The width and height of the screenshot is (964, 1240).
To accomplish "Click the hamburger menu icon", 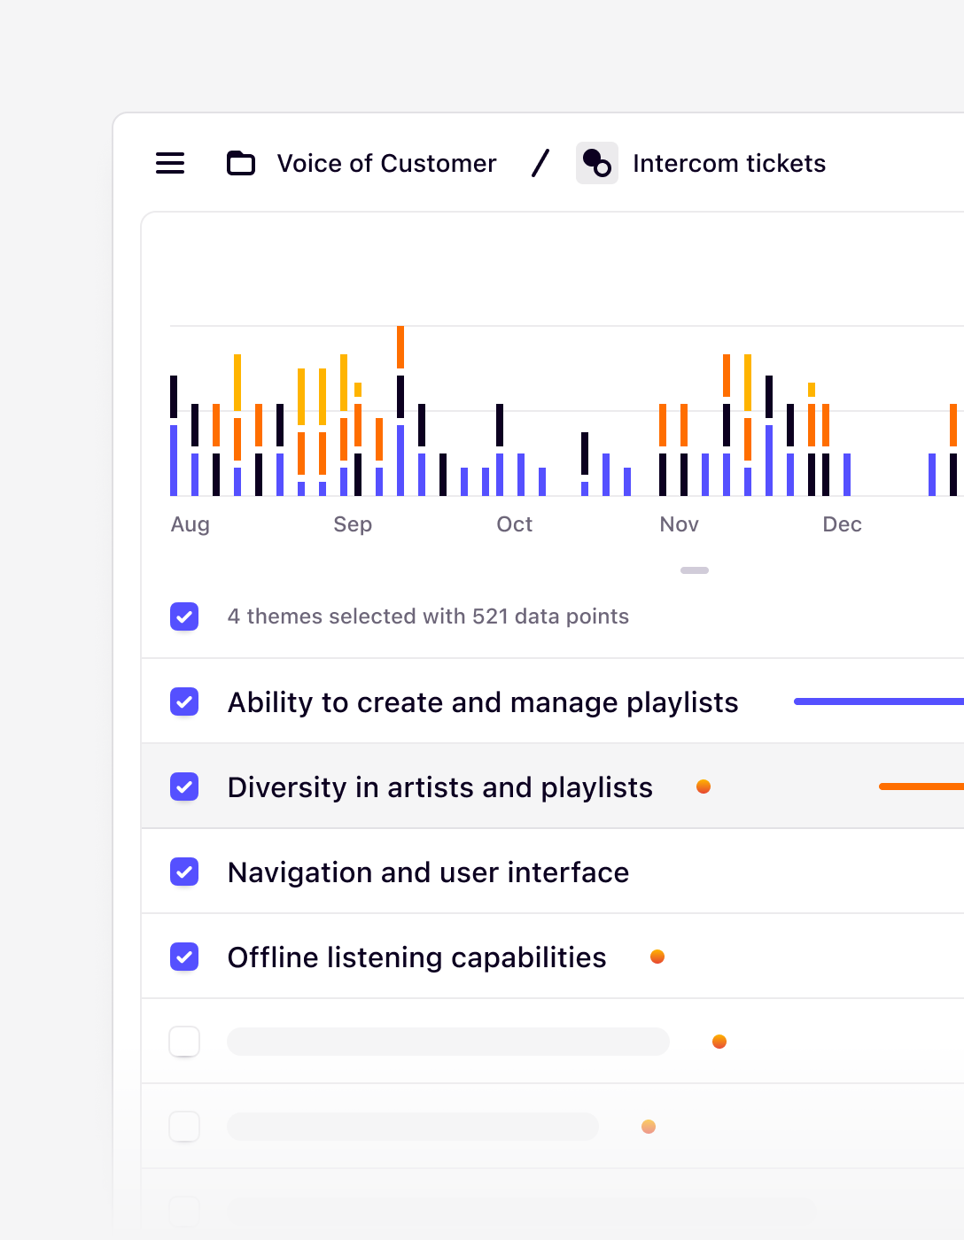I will click(x=170, y=163).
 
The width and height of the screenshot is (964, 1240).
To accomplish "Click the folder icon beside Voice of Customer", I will click(x=241, y=163).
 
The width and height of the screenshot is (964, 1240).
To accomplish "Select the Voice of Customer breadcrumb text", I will click(x=386, y=163).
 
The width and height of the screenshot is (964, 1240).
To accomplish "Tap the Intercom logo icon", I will click(x=597, y=163).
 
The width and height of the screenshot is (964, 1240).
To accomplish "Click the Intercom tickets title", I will click(x=728, y=163).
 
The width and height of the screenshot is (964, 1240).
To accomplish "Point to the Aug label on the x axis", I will click(x=190, y=524).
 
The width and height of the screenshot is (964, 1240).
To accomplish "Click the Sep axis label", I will click(x=353, y=524).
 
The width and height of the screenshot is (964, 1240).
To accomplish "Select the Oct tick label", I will click(x=514, y=524).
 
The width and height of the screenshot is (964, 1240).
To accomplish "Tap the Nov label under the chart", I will click(x=679, y=524).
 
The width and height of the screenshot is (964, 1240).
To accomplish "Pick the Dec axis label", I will click(x=842, y=524).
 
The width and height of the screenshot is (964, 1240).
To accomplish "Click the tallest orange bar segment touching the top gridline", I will click(x=400, y=347).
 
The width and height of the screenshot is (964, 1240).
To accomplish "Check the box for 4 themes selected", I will click(x=184, y=616).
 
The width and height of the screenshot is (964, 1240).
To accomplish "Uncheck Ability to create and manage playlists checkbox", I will click(x=184, y=701).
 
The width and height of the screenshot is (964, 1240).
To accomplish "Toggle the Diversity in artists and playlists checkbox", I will click(x=184, y=787).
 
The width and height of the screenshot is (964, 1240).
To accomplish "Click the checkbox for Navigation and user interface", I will click(x=184, y=872).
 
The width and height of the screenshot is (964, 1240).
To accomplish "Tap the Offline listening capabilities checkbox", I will click(x=184, y=957).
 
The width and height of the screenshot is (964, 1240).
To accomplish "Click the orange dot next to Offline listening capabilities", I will click(x=657, y=957).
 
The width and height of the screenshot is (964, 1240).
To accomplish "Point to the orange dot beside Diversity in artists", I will click(x=704, y=787).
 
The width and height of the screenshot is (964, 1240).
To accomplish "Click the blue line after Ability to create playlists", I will click(x=877, y=701).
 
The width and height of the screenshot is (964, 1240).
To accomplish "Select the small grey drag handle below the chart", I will click(x=695, y=570).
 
